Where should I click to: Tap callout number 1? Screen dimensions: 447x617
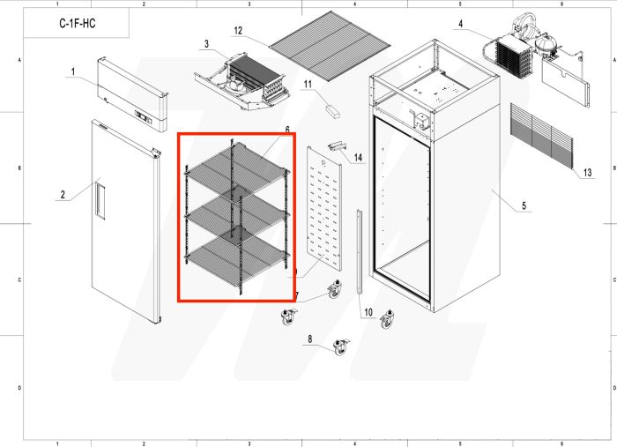(x=74, y=71)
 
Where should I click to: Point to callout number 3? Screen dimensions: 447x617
(x=206, y=43)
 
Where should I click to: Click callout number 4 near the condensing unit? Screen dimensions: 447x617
(x=460, y=26)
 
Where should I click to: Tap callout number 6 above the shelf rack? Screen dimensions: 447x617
(x=287, y=130)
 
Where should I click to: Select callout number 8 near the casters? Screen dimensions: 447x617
(x=309, y=339)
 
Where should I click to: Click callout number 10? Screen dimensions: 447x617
(x=368, y=311)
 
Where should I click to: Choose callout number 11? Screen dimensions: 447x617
(x=308, y=85)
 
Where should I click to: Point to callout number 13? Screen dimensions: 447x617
(x=587, y=173)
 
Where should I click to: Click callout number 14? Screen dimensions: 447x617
(x=359, y=158)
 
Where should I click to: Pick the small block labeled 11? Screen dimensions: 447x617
(x=332, y=112)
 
